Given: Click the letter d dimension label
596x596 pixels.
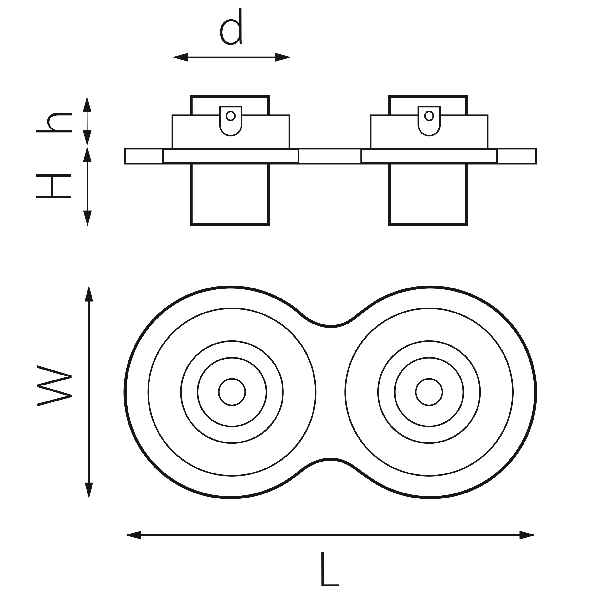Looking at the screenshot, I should tap(231, 28).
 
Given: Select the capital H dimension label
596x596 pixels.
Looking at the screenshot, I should tap(53, 186).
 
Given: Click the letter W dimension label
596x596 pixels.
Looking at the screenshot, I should tap(54, 385).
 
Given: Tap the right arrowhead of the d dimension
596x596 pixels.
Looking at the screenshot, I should tap(283, 57).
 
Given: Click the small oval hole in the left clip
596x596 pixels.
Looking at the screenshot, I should tap(231, 116).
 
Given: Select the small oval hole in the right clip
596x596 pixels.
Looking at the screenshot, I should tap(429, 116).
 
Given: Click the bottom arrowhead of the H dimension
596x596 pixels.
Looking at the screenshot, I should tap(87, 218).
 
